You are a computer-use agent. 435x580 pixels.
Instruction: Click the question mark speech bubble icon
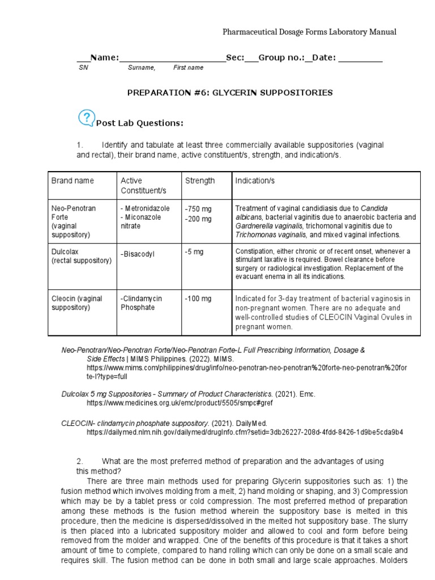pyautogui.click(x=86, y=117)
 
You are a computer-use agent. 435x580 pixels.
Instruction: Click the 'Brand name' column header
pyautogui.click(x=72, y=181)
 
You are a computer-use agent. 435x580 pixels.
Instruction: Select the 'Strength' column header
pyautogui.click(x=200, y=181)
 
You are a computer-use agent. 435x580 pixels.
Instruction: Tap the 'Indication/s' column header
pyautogui.click(x=255, y=181)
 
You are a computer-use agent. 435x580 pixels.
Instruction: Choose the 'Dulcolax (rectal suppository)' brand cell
pyautogui.click(x=82, y=256)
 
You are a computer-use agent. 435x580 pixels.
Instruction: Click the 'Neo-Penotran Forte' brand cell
pyautogui.click(x=74, y=212)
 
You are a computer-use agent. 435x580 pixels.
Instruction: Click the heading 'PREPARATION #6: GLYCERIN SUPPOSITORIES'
pyautogui.click(x=229, y=92)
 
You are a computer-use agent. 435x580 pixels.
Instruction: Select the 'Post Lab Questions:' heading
pyautogui.click(x=139, y=123)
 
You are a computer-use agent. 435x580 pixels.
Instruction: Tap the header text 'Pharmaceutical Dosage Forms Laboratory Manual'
pyautogui.click(x=309, y=32)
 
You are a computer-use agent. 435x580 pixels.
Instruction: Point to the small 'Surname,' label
pyautogui.click(x=141, y=68)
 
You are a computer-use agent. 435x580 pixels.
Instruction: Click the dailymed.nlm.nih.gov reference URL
pyautogui.click(x=245, y=432)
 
